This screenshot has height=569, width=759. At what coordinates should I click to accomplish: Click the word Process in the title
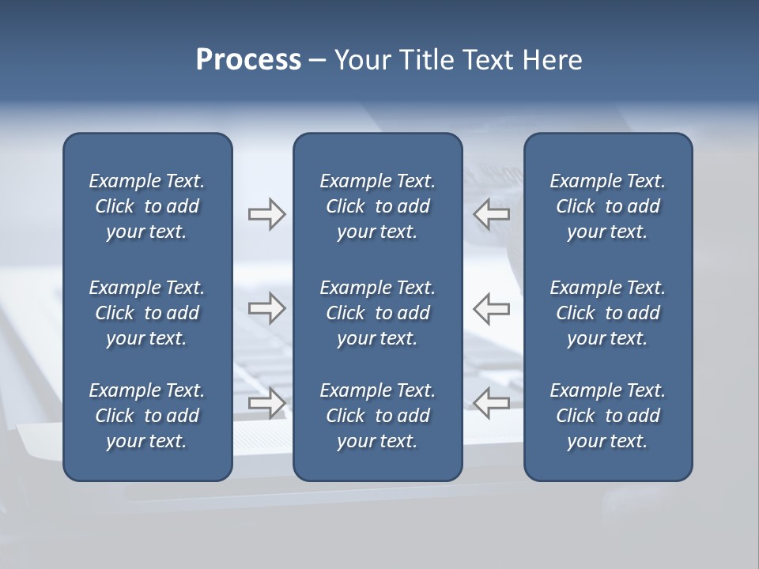click(x=248, y=60)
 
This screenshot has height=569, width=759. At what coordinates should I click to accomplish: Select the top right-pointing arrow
click(x=266, y=214)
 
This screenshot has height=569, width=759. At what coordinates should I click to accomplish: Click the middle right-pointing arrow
click(x=266, y=308)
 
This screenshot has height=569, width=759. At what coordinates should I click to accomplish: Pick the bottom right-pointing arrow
click(x=266, y=403)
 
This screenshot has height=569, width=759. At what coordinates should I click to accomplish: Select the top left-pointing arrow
click(x=492, y=214)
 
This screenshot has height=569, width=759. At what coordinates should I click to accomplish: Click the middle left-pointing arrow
click(x=492, y=308)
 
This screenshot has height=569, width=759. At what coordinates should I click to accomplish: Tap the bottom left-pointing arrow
click(x=492, y=403)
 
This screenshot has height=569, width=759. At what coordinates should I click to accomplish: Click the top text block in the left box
click(x=147, y=206)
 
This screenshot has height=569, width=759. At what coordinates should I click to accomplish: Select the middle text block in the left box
click(x=147, y=313)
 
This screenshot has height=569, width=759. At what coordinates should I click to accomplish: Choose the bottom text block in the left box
click(x=147, y=416)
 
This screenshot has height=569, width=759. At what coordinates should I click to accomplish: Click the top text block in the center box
click(x=377, y=206)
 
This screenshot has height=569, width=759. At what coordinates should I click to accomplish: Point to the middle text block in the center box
click(x=377, y=313)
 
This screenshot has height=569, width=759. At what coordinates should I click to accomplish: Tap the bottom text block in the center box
click(x=377, y=416)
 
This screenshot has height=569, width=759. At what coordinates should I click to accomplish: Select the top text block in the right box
click(x=607, y=206)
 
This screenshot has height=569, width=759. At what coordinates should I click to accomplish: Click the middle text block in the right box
click(x=607, y=313)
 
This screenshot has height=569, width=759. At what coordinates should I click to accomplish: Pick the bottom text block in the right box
click(x=607, y=416)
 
